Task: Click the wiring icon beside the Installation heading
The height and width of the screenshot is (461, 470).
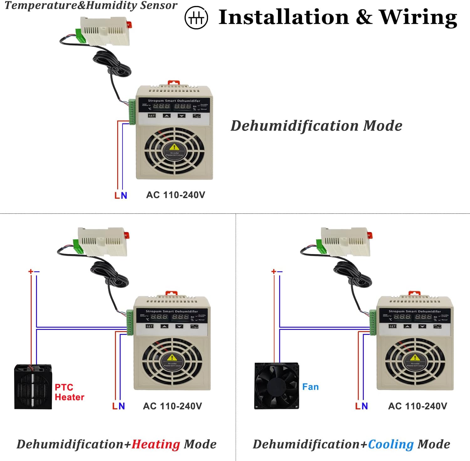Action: (196, 18)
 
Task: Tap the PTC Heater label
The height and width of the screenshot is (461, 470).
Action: (69, 392)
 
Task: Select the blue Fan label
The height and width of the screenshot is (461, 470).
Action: (310, 387)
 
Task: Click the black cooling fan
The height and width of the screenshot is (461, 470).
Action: (276, 386)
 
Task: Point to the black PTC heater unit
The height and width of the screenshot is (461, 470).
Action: (33, 387)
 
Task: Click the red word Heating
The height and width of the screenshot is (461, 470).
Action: (156, 444)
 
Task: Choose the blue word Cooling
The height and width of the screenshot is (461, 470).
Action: (391, 444)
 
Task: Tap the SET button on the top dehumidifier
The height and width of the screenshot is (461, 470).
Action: (152, 116)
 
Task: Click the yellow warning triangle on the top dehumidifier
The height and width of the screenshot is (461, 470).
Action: (174, 147)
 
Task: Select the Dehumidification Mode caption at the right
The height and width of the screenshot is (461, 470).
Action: (316, 126)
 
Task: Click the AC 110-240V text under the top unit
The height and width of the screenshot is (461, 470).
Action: (175, 195)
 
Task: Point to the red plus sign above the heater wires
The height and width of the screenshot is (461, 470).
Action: (31, 271)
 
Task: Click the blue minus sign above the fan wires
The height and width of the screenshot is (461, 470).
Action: (280, 271)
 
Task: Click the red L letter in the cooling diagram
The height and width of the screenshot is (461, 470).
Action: (358, 406)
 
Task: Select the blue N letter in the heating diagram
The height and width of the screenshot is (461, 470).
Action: (122, 406)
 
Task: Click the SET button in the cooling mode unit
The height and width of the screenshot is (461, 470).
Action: (392, 326)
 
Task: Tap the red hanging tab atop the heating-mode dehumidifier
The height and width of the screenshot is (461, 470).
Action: (171, 293)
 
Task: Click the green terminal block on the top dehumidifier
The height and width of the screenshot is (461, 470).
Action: (132, 112)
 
